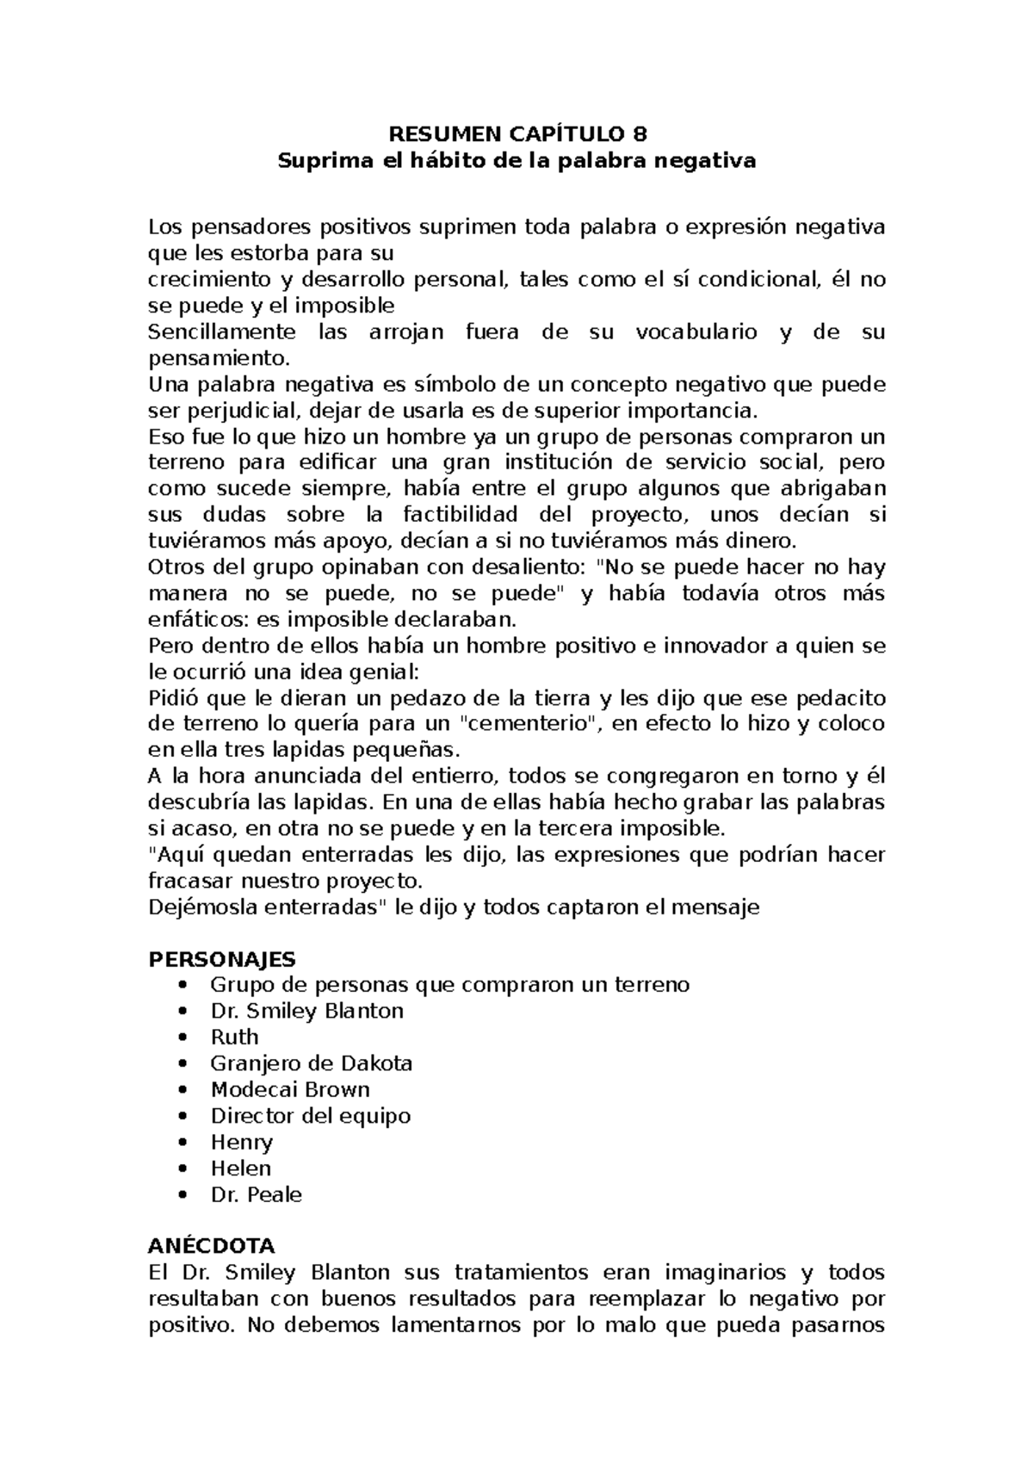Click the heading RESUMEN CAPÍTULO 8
coord(516,134)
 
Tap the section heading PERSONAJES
coord(222,959)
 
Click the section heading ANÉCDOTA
coord(212,1246)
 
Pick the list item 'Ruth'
coord(234,1037)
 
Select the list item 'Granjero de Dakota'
coord(312,1063)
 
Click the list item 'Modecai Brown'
coord(290,1089)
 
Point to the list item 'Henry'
coord(241,1143)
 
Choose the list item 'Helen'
coord(241,1168)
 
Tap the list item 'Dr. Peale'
coord(257,1195)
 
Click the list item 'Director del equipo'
coord(311,1116)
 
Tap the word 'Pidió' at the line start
coord(173,698)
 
